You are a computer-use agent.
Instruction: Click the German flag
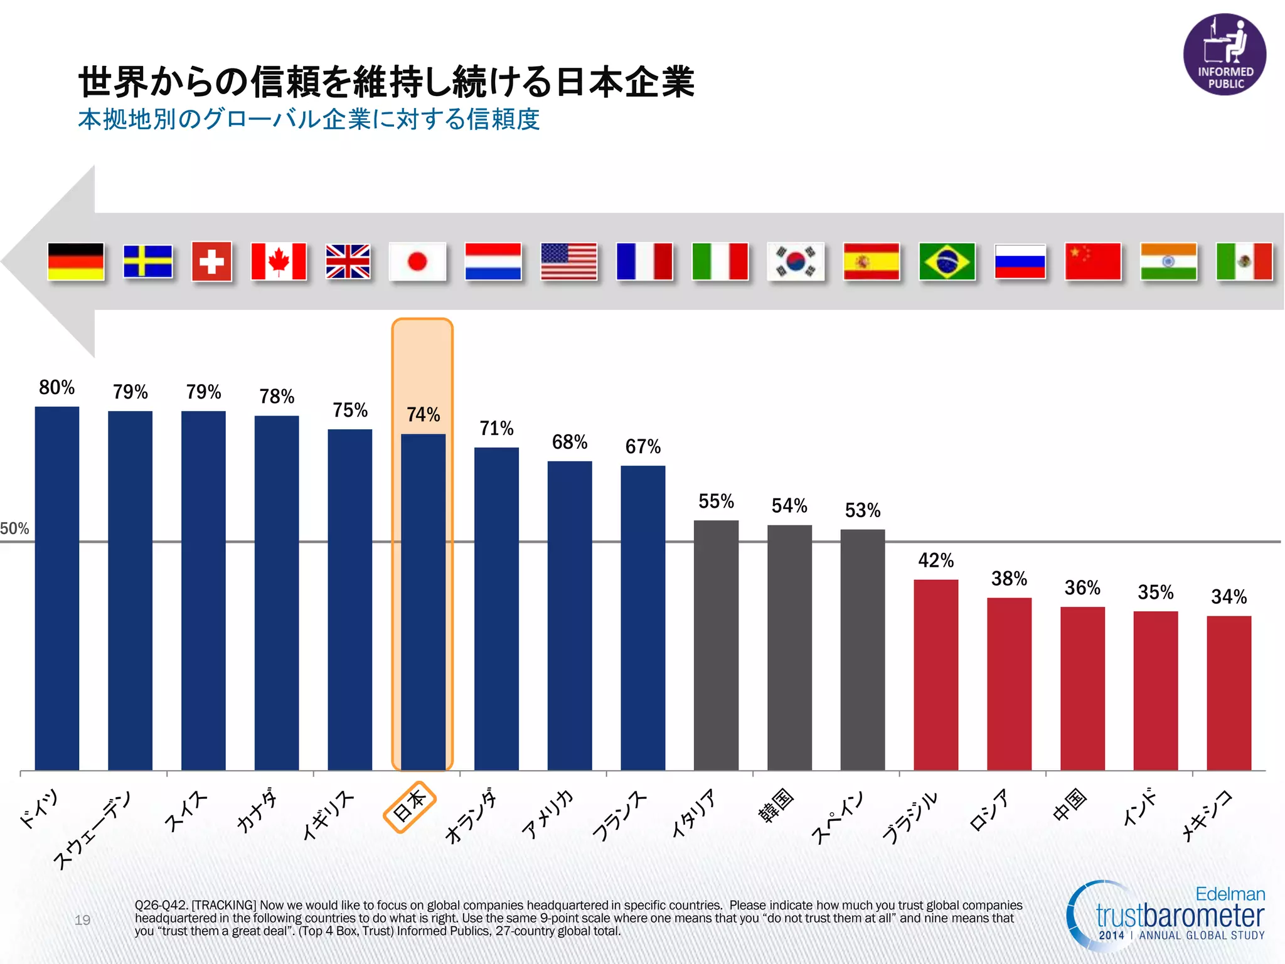75,261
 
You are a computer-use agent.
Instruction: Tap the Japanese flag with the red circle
417,261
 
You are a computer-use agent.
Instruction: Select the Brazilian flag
947,261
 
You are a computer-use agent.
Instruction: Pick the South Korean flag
796,261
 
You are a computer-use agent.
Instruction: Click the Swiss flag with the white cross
211,261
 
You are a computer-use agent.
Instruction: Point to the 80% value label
56,387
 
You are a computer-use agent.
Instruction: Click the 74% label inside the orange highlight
423,414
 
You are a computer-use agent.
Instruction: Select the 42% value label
936,560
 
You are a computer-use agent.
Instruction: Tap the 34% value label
1229,596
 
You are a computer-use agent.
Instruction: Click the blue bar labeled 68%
570,615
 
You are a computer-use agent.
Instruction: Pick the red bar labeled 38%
1009,684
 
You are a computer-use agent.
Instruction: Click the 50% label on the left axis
14,528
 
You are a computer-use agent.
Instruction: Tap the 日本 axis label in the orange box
409,806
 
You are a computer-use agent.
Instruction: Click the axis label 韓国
776,805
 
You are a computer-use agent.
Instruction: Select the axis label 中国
1069,804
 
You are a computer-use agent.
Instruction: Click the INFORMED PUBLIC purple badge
1225,55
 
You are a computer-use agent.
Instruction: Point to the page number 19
82,919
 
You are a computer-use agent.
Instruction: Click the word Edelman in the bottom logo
1230,894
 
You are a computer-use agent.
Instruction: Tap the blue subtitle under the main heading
309,119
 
